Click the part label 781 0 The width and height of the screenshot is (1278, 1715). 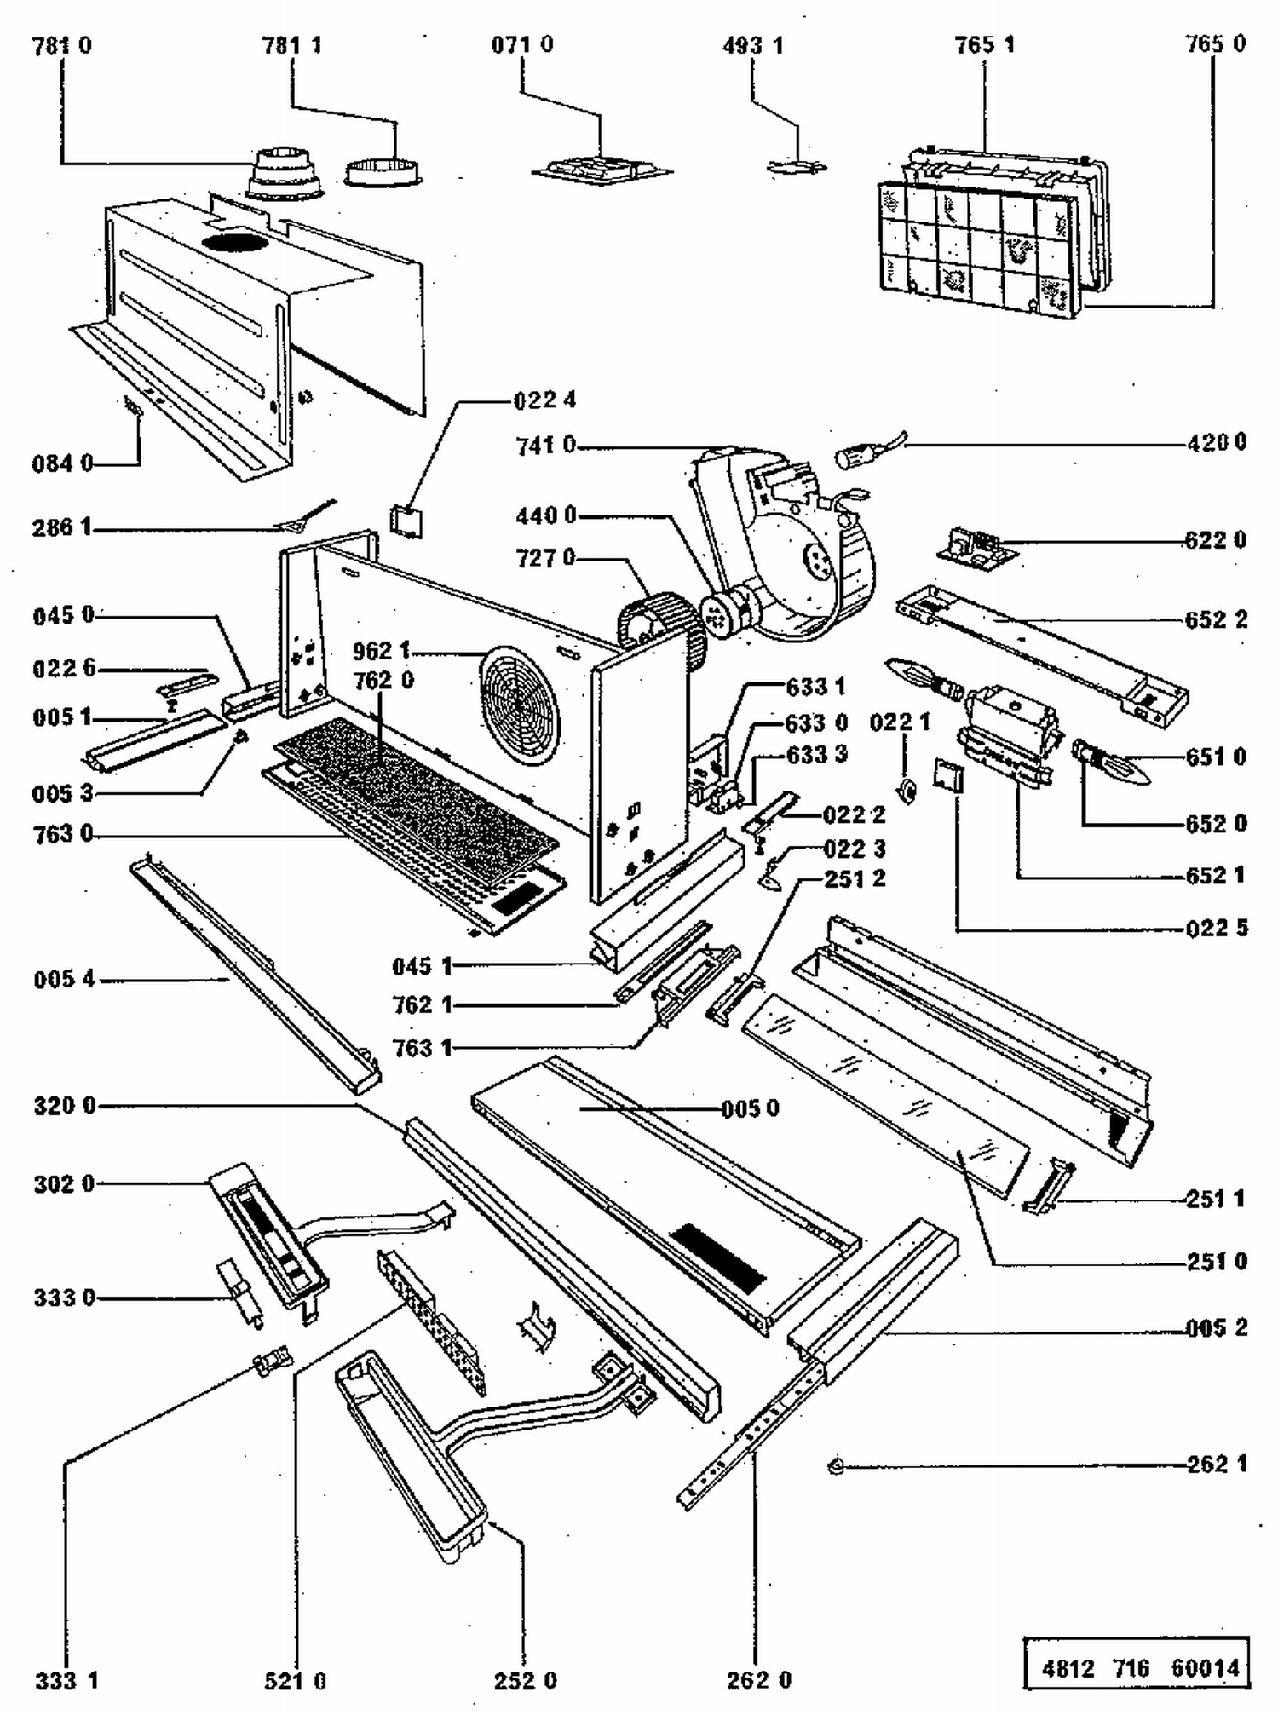[x=61, y=45]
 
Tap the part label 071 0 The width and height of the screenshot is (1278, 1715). [x=521, y=44]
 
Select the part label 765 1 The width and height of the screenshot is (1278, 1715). [x=984, y=44]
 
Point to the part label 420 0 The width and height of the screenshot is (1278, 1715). [x=1216, y=442]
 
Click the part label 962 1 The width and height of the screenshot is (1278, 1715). [x=381, y=651]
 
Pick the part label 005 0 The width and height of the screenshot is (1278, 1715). [x=750, y=1108]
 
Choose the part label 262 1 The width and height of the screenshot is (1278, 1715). [x=1216, y=1464]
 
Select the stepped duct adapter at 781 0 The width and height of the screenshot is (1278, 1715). [x=285, y=175]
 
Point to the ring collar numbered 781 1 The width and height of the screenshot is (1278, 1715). [x=383, y=172]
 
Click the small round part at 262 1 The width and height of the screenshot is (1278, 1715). [x=836, y=1466]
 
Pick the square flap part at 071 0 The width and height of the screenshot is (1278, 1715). [x=602, y=170]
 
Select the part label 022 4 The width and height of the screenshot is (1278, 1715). [x=545, y=400]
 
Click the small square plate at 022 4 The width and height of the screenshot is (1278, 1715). [x=406, y=520]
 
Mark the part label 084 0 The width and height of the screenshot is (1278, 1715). [x=62, y=464]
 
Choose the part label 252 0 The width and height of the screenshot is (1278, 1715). [x=525, y=1680]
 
